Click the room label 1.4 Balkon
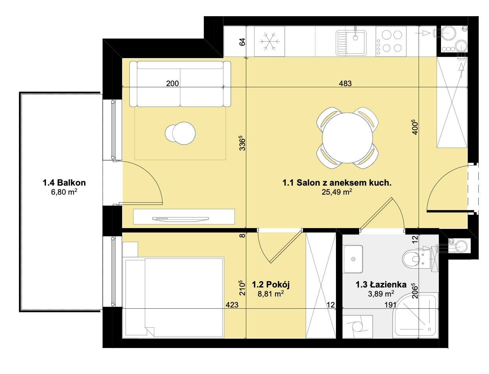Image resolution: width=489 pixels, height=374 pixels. (x=64, y=183)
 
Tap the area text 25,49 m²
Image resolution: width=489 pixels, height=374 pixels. (x=337, y=192)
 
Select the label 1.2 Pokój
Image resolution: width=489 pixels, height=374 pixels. (x=271, y=285)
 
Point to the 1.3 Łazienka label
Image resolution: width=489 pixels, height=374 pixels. (x=381, y=285)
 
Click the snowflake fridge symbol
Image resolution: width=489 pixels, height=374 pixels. (x=269, y=41)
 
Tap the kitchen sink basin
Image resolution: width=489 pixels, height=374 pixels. (x=355, y=42)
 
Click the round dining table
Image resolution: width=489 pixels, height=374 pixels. (x=347, y=138)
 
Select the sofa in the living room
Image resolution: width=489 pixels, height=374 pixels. (x=180, y=84)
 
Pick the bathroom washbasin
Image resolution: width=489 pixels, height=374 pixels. (x=353, y=259)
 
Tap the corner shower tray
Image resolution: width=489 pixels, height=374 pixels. (x=415, y=315)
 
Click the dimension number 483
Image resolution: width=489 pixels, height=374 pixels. (x=345, y=83)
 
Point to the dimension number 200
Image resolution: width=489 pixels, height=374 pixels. (x=172, y=83)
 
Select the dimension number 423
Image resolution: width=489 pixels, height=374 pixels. (x=232, y=305)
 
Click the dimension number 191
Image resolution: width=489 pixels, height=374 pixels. (x=390, y=305)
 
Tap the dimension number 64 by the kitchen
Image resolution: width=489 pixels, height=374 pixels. (x=242, y=42)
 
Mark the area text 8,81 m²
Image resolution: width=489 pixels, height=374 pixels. (x=271, y=294)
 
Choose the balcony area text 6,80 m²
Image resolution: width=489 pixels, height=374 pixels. (x=64, y=192)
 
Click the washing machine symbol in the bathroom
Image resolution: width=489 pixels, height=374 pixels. (x=358, y=327)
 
